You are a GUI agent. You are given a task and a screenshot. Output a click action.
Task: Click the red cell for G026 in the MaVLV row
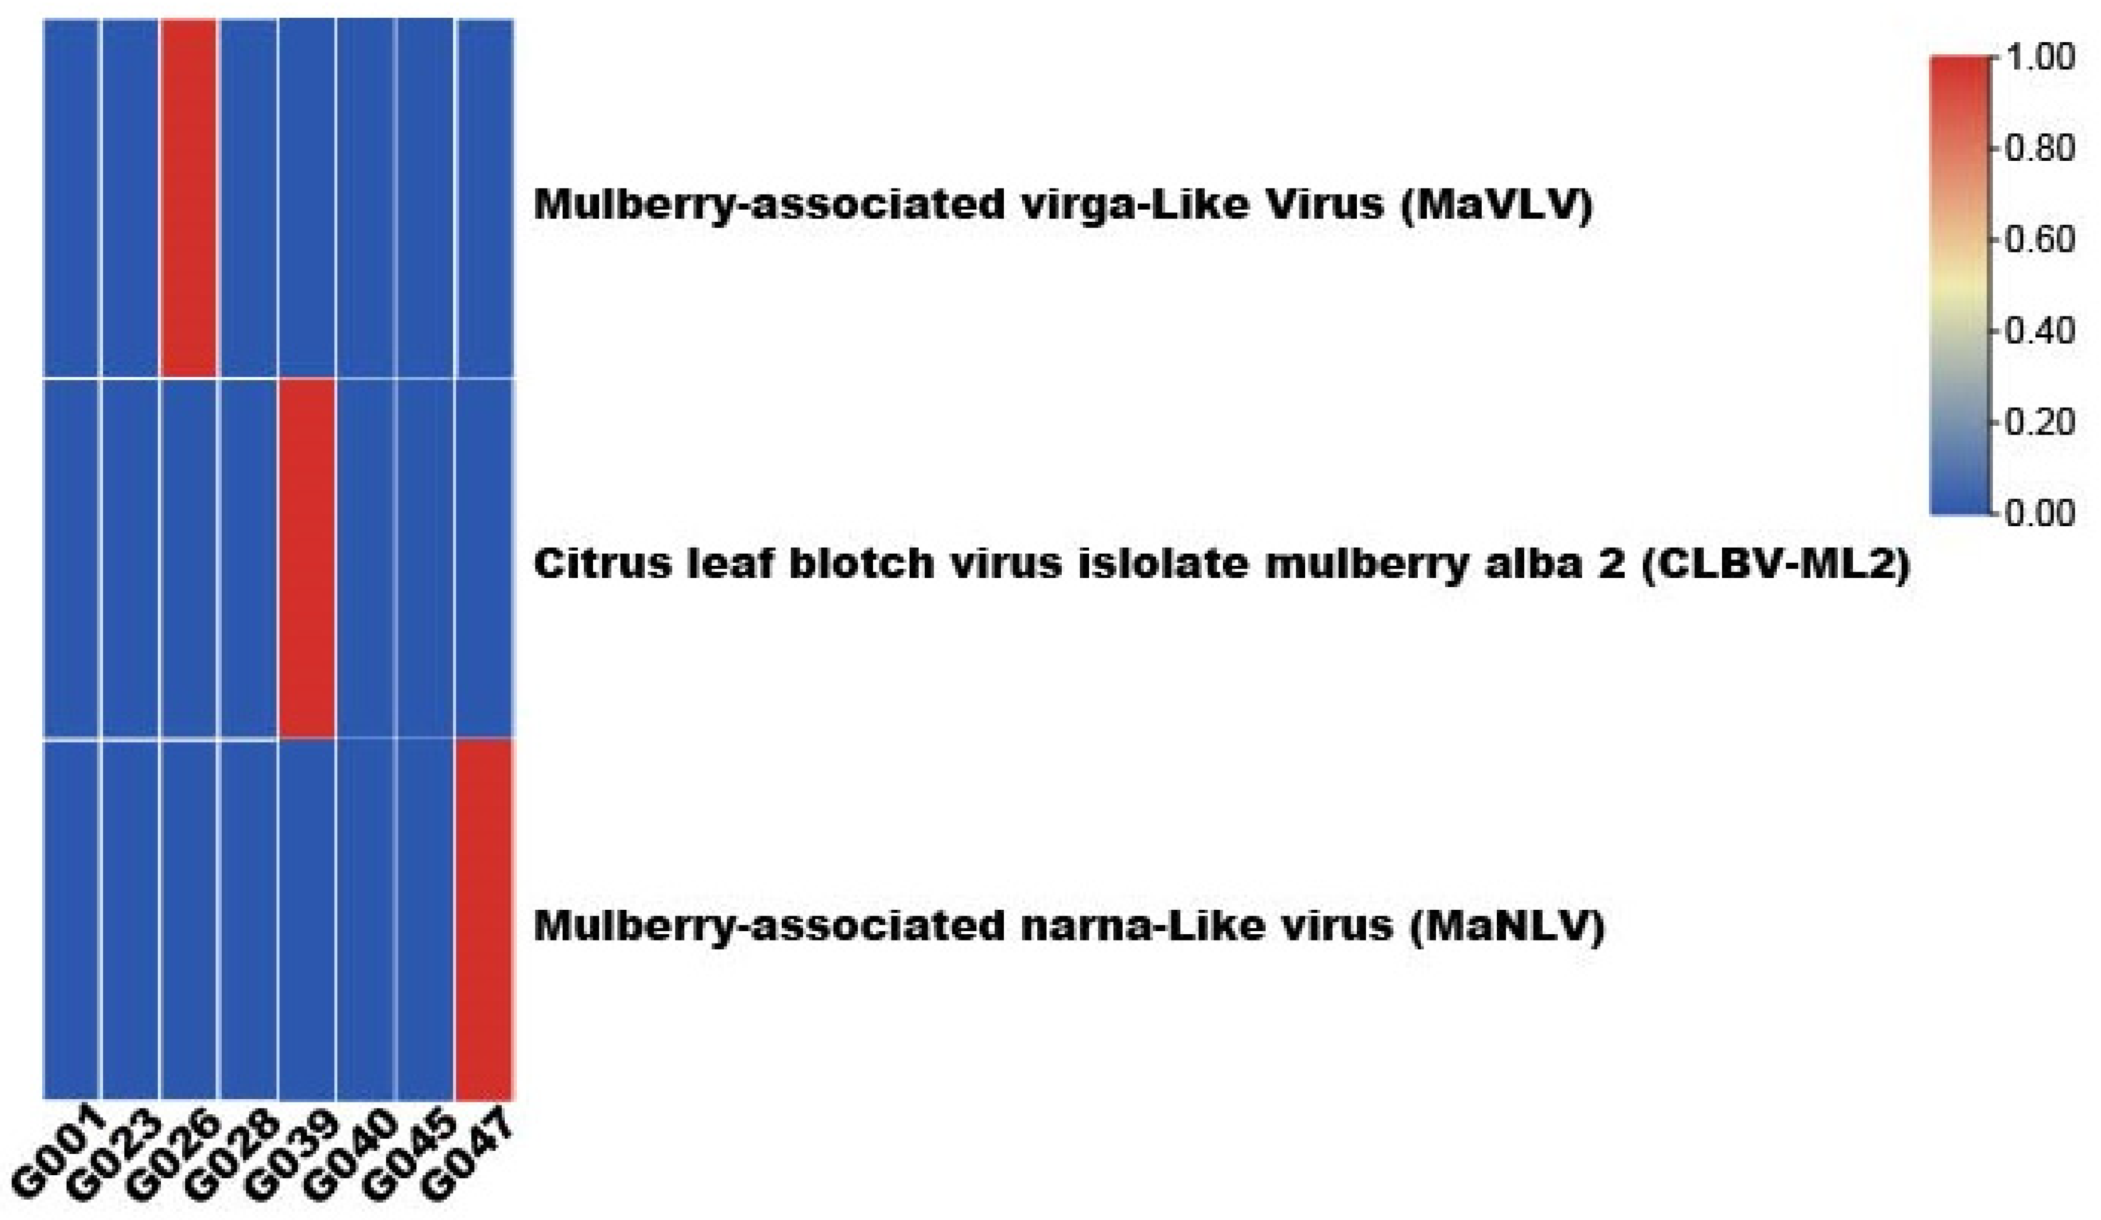click(x=189, y=198)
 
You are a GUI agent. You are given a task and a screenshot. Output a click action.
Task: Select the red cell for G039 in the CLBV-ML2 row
click(x=307, y=558)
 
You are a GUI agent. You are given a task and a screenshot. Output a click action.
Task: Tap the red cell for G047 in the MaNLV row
click(x=485, y=919)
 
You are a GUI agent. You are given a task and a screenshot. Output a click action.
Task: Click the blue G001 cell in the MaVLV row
click(x=72, y=198)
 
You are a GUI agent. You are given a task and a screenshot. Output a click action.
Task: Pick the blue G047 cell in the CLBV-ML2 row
click(x=485, y=558)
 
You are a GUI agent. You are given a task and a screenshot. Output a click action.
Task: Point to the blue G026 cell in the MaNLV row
click(x=189, y=919)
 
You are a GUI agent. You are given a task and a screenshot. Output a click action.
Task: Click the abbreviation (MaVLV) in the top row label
click(x=1497, y=205)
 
